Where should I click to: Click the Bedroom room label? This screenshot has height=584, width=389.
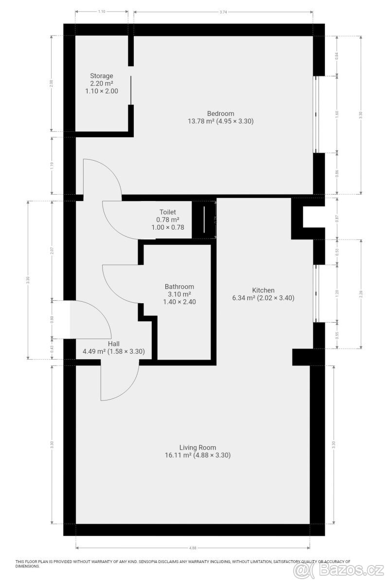coord(221,114)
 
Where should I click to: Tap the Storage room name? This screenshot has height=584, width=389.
coord(102,76)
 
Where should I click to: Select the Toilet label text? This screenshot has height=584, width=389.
coord(167,212)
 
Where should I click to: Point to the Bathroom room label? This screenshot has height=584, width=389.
coord(179,287)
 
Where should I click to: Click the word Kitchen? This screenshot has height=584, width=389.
coord(263,290)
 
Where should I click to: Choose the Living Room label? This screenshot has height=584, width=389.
coord(197,448)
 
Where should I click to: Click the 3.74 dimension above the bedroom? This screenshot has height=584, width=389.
coord(223,11)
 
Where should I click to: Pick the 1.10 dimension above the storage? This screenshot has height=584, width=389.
coord(102,11)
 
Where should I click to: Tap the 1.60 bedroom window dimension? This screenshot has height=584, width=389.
coord(337,114)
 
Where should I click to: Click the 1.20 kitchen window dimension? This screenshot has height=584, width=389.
coord(337,293)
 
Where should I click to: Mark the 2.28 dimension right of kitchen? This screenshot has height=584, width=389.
coord(361,293)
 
